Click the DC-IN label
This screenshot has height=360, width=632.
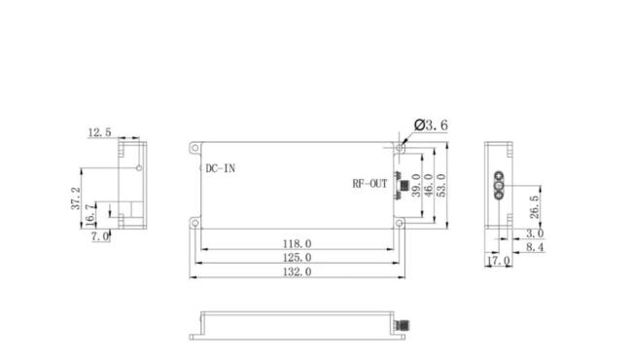tap(219, 168)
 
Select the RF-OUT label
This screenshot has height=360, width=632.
tap(369, 183)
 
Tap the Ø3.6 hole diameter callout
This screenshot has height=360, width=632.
tap(431, 126)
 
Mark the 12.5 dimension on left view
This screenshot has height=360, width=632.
tap(99, 131)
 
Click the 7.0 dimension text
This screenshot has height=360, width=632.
tap(100, 236)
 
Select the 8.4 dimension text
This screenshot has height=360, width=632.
tap(534, 248)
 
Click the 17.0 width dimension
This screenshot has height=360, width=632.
tap(498, 262)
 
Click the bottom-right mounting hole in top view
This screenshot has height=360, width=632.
tap(399, 223)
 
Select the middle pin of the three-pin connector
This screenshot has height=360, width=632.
tap(500, 184)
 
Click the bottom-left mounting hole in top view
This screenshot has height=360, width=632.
tap(195, 223)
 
